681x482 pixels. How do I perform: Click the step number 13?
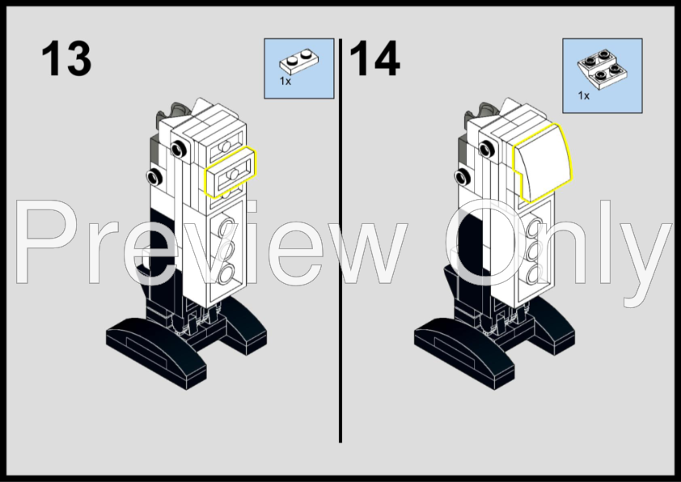[66, 58]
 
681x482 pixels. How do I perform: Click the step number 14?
[374, 58]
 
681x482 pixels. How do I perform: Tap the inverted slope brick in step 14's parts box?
[603, 70]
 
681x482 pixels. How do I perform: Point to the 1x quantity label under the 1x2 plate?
[285, 81]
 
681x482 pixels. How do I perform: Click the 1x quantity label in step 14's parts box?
[584, 95]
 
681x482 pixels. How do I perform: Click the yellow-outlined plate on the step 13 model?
[231, 172]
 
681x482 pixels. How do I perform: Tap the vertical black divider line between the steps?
[340, 240]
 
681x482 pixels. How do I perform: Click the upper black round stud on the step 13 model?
[178, 150]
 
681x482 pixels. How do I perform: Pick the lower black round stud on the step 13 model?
[154, 177]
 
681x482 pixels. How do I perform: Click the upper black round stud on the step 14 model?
[487, 150]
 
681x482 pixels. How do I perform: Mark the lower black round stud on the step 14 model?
[463, 177]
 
